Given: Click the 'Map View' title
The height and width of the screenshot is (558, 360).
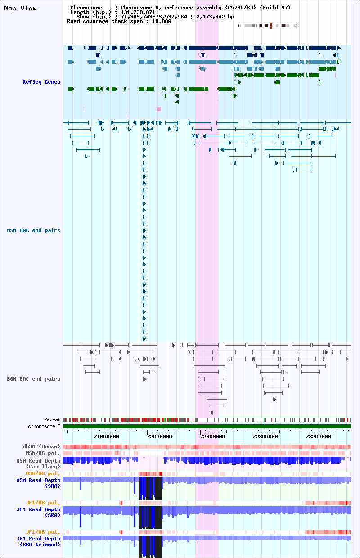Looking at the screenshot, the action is [20, 8].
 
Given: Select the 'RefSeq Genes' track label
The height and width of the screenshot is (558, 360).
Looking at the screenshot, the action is [41, 82].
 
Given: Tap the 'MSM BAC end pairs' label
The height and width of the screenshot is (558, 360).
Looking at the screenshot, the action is [34, 230].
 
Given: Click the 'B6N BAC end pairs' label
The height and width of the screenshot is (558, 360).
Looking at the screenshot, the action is [34, 379].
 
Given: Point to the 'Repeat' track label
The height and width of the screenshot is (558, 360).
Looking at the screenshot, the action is [52, 419].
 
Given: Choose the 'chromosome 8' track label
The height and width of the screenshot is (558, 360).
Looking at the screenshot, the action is [44, 426].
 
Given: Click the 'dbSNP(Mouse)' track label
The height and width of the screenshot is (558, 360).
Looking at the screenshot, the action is [41, 446].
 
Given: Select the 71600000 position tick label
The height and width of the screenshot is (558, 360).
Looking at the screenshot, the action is [106, 436].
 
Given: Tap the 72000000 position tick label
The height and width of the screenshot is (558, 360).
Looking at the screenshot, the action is [159, 436].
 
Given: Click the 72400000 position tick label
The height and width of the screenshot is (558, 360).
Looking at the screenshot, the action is [212, 436].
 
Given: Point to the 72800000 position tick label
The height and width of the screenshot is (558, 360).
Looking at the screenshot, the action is [265, 436].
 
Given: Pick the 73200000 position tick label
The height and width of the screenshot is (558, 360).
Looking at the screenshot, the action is [319, 436].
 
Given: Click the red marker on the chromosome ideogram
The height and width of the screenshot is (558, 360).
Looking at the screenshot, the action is [271, 26].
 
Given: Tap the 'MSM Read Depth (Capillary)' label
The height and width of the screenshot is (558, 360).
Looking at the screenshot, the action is [38, 463].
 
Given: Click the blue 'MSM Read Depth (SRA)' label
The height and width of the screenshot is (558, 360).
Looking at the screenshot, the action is [38, 483].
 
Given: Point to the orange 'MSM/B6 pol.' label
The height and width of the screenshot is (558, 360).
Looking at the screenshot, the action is [43, 473].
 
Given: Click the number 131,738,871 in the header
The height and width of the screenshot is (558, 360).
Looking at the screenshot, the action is [138, 12].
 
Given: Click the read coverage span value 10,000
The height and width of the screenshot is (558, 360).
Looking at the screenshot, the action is [162, 22].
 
